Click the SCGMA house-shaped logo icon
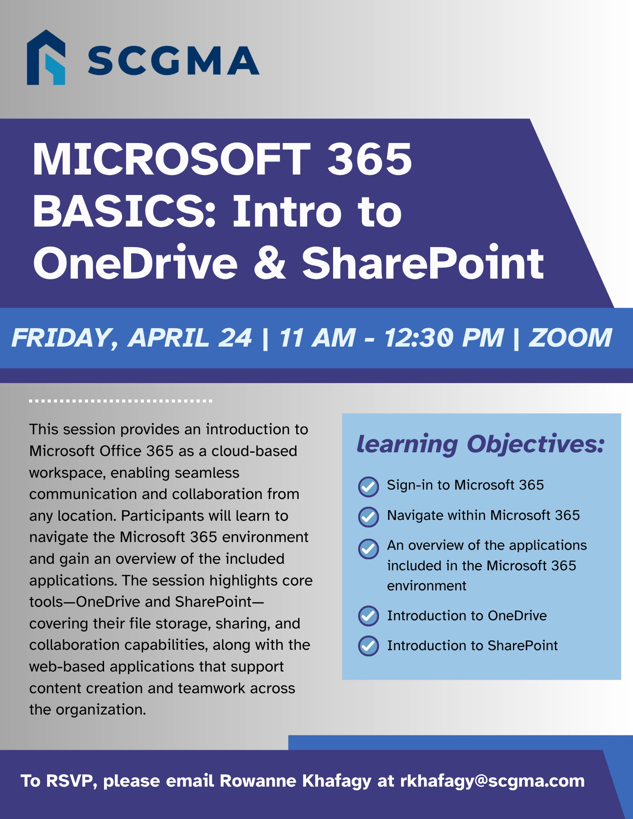pyautogui.click(x=46, y=57)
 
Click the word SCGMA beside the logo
pyautogui.click(x=173, y=61)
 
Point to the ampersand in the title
pyautogui.click(x=269, y=263)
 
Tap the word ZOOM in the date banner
pyautogui.click(x=570, y=338)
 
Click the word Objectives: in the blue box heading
pyautogui.click(x=535, y=444)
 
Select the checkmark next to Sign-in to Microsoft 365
pyautogui.click(x=368, y=487)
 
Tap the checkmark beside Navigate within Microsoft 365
pyautogui.click(x=368, y=517)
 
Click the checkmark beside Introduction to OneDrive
pyautogui.click(x=368, y=616)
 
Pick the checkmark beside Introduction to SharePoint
pyautogui.click(x=368, y=646)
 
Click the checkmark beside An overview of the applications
pyautogui.click(x=368, y=549)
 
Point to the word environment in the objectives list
pyautogui.click(x=427, y=586)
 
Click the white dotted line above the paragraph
pyautogui.click(x=121, y=401)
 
